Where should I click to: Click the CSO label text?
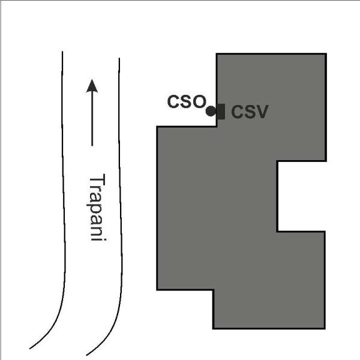point(187,101)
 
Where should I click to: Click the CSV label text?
point(250,112)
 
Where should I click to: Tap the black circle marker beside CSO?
point(211,112)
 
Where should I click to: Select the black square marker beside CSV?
point(221,112)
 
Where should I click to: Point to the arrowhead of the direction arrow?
point(92,86)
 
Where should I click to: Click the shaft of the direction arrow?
point(92,119)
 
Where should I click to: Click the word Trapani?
point(97,208)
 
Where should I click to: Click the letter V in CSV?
point(261,112)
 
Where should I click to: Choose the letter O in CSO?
point(199,101)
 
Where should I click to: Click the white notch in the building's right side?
point(301,196)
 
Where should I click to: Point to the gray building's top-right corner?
point(326,53)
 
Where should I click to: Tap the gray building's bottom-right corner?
point(325,329)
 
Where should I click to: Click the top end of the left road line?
point(62,52)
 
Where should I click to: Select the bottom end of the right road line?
point(86,355)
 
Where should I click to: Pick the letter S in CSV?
point(247,112)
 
